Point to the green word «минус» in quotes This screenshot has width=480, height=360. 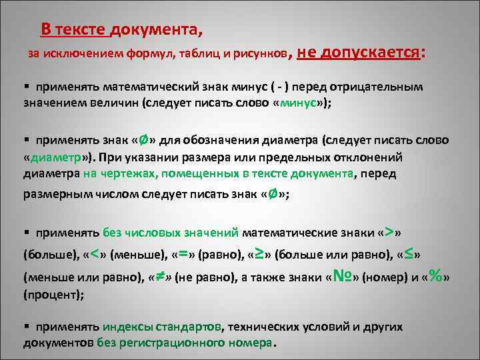(x=300, y=104)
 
